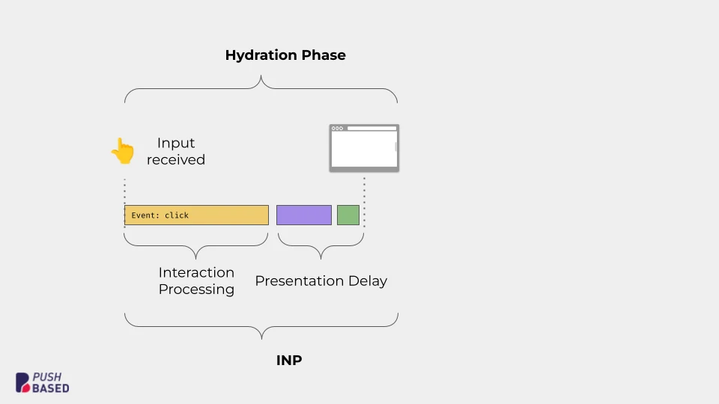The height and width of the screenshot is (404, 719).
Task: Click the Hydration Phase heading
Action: point(285,55)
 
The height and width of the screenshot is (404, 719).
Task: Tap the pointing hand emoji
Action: point(122,150)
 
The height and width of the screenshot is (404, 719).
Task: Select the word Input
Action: point(176,143)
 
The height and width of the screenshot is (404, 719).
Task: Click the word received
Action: point(176,159)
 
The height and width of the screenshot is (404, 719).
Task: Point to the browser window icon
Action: point(364,148)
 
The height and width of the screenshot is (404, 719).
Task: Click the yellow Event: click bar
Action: point(225,215)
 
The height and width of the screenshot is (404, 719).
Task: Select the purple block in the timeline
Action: point(303,215)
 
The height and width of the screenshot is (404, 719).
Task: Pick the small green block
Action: point(348,215)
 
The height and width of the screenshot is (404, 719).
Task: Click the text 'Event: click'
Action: point(160,215)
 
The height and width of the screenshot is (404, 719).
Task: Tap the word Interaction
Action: point(196,272)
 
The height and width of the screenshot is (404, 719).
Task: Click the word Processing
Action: point(196,290)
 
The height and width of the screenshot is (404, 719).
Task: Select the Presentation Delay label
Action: point(321,281)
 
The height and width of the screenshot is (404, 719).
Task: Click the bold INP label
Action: point(289,361)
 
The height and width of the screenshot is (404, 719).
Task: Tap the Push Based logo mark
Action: point(23,382)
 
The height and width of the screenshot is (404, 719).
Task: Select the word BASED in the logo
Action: point(51,388)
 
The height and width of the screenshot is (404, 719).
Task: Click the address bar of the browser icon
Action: point(371,128)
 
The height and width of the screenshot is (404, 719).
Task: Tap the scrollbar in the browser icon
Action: point(395,147)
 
